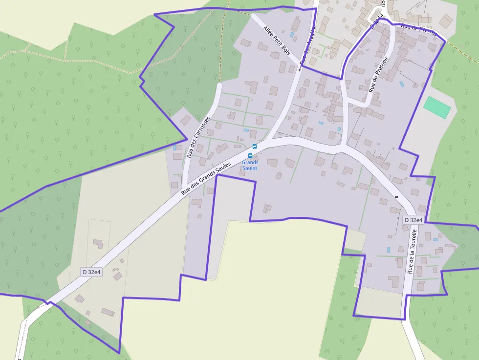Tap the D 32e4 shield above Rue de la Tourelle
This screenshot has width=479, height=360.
[x=413, y=220]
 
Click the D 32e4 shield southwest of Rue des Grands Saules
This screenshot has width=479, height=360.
[x=91, y=272]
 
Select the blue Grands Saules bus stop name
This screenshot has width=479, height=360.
[x=250, y=165]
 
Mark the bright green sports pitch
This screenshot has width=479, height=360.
[x=437, y=107]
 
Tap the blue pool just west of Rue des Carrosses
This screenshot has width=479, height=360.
[x=174, y=147]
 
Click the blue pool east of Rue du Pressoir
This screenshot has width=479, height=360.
[x=402, y=84]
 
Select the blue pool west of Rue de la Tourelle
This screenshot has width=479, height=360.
[x=389, y=250]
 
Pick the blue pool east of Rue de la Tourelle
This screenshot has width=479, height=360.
[x=435, y=239]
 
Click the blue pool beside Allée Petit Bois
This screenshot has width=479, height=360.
[x=292, y=35]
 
